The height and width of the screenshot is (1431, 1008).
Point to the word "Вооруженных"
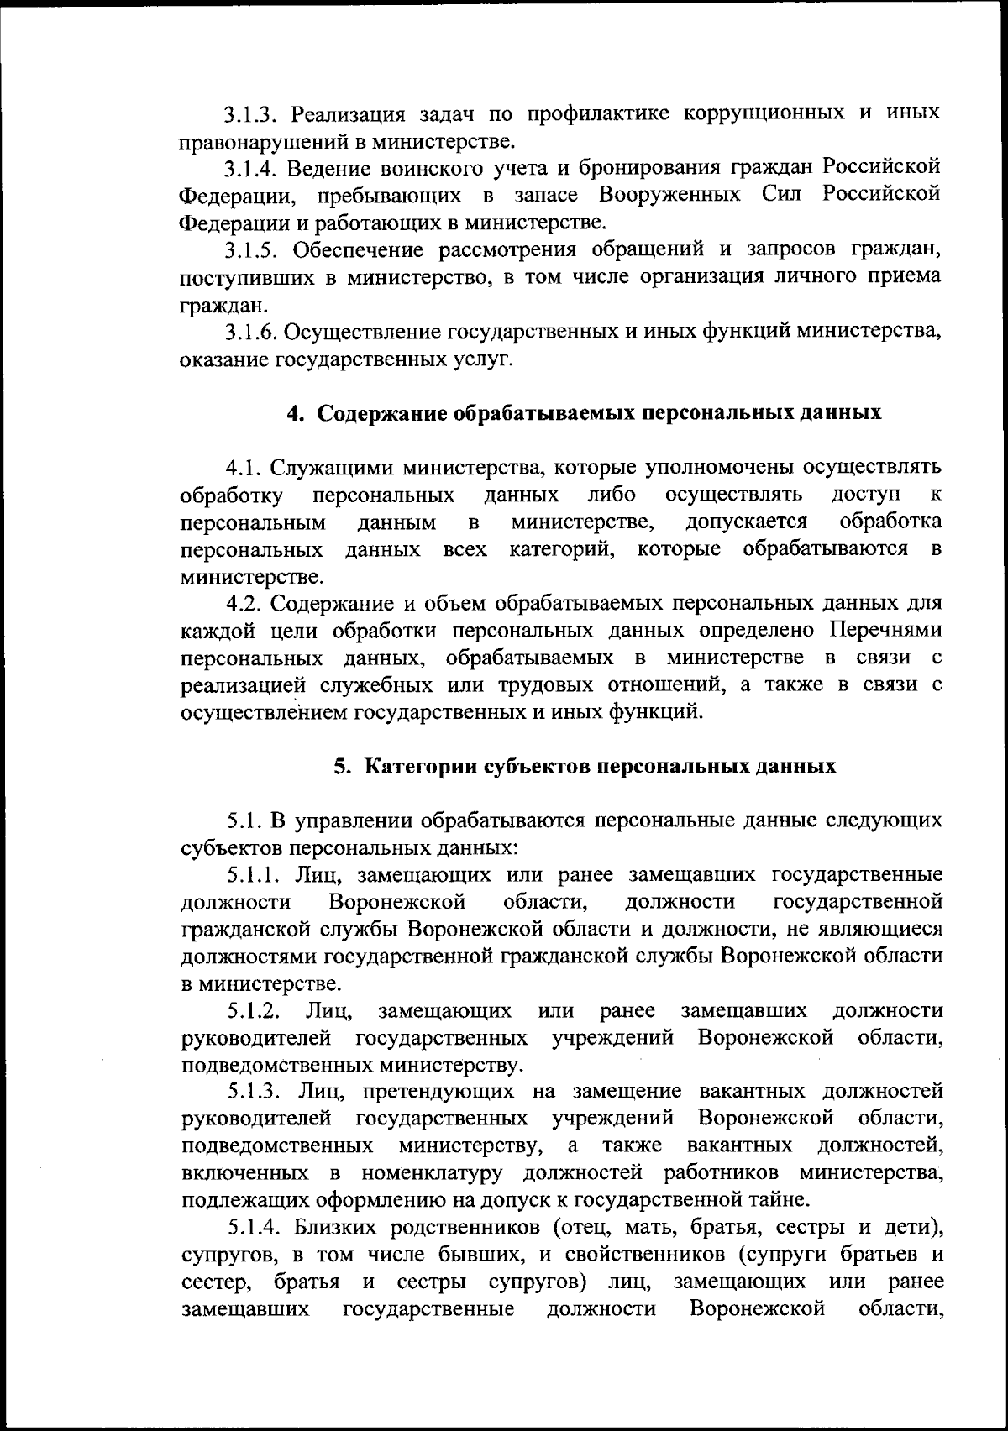(x=670, y=196)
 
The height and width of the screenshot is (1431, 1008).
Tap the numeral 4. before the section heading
(x=295, y=413)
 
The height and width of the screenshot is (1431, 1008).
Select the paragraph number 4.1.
(x=243, y=467)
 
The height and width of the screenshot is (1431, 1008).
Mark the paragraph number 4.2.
(x=243, y=604)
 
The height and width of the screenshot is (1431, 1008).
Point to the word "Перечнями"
(x=885, y=631)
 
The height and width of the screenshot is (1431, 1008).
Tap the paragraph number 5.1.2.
(x=254, y=1010)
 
